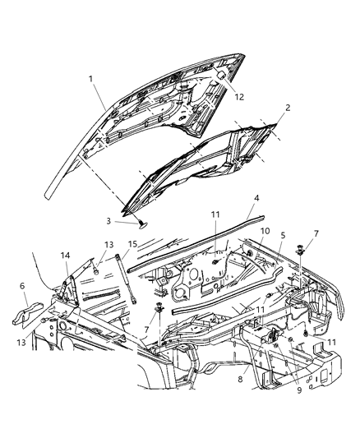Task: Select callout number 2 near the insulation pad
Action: coord(287,108)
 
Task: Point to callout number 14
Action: coord(65,257)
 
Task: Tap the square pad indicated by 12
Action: coord(220,76)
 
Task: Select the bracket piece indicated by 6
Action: coord(33,313)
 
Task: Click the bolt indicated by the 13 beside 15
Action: coord(97,265)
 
